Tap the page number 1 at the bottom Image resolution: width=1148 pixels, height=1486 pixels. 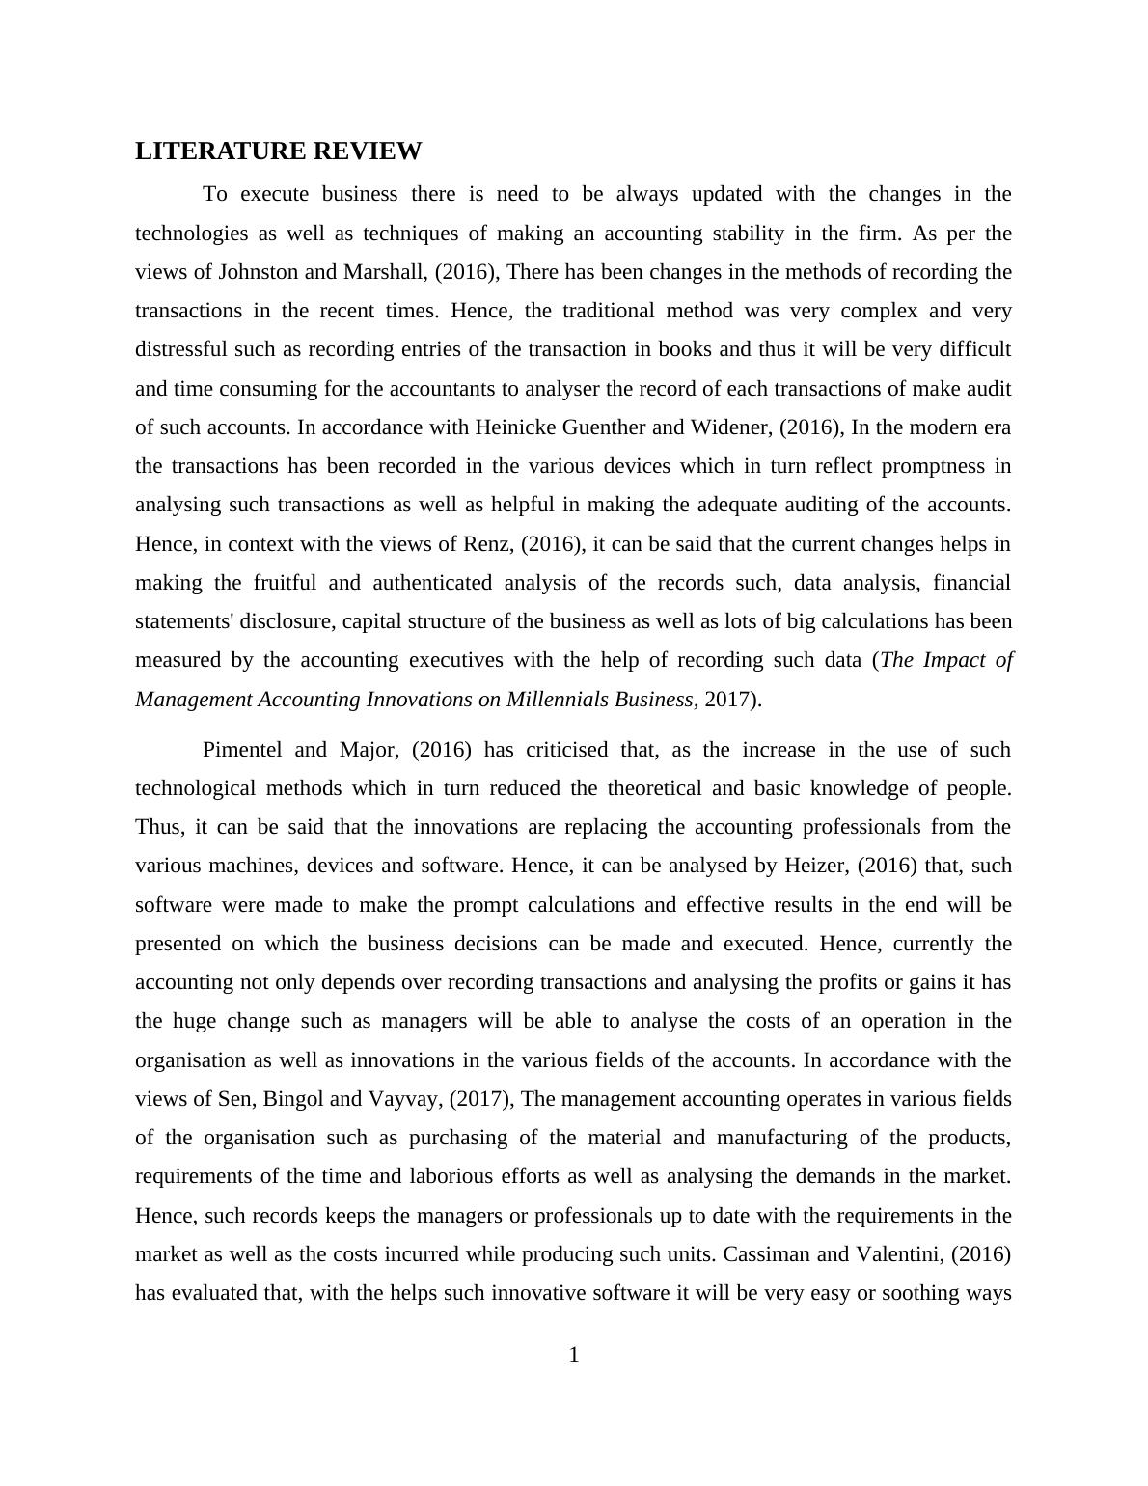pos(574,1355)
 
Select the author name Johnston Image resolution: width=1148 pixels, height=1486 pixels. pos(259,272)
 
